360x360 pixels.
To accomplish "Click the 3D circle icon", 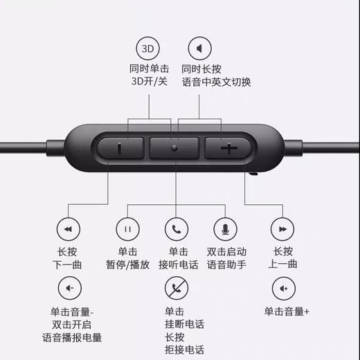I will click(147, 49).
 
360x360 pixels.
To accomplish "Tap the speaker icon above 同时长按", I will click(199, 49).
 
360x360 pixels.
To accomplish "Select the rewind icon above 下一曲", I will click(68, 228).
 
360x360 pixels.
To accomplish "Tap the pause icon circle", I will click(127, 228).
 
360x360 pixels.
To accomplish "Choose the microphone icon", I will click(226, 228).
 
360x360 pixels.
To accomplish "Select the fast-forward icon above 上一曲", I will click(282, 228).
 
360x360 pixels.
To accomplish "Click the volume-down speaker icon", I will click(68, 287).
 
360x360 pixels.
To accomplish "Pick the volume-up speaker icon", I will click(282, 287).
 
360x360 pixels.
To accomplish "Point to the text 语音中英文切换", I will click(216, 82).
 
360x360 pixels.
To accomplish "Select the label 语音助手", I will click(226, 264).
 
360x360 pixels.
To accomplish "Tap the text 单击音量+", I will click(286, 312).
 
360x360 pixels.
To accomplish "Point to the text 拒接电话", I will click(183, 350).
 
